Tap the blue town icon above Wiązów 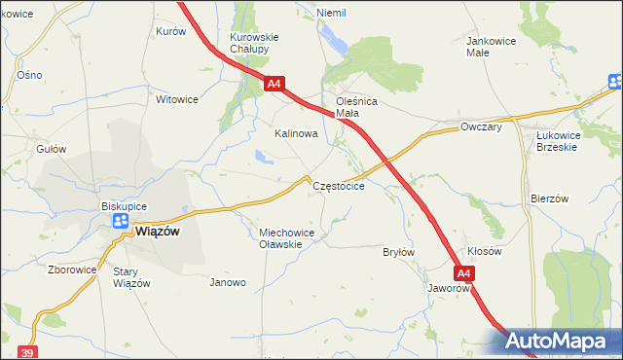point(121,222)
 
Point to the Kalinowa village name point(296,133)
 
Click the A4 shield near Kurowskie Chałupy point(274,85)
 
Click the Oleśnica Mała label point(355,107)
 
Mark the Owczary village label point(481,127)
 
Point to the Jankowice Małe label point(492,47)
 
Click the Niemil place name point(332,13)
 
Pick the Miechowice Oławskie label point(285,238)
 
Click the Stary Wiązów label point(131,277)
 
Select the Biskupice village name point(124,206)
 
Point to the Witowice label point(177,99)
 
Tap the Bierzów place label point(549,198)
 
